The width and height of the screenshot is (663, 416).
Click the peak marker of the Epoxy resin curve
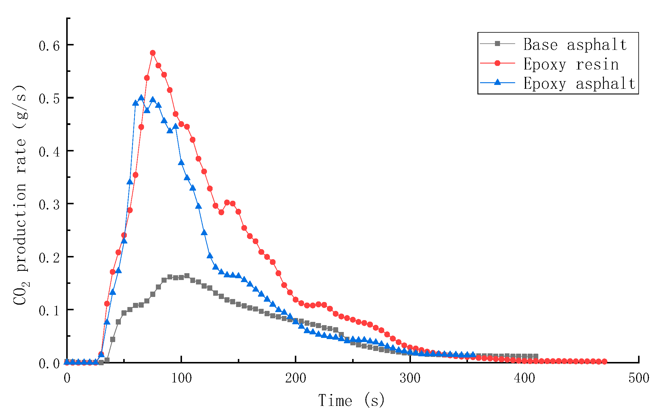pos(153,53)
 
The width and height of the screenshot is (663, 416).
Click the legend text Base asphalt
pos(575,45)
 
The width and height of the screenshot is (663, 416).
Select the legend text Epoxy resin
pos(571,64)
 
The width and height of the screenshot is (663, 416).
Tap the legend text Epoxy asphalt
pos(579,83)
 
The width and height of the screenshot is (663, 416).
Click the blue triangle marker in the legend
pos(497,82)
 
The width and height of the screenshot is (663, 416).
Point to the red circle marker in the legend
pos(497,63)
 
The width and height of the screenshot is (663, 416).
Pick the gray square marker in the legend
pos(497,44)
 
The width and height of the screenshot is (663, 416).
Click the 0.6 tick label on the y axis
pos(49,46)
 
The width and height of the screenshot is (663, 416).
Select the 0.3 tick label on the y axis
pos(49,205)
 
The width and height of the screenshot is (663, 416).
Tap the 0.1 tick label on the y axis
pos(49,311)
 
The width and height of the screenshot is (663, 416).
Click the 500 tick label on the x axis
pos(639,378)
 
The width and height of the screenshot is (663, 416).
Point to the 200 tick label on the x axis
pos(295,378)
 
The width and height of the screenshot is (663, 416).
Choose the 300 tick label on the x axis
pos(410,378)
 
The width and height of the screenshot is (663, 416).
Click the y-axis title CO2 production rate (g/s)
pos(20,194)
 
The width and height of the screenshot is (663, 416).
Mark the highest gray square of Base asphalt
pos(187,276)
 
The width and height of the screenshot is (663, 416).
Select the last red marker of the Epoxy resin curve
pos(604,361)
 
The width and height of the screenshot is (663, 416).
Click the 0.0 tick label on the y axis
pos(49,364)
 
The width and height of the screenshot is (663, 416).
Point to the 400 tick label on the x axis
pos(524,378)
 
